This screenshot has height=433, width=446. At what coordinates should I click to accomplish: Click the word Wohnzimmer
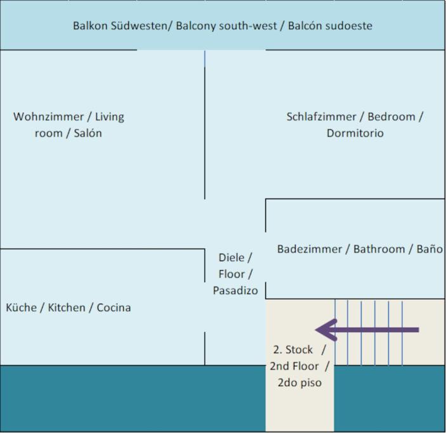click(x=48, y=117)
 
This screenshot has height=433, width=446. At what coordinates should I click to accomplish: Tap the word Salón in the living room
click(x=88, y=133)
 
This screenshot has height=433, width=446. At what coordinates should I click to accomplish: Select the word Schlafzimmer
click(x=321, y=117)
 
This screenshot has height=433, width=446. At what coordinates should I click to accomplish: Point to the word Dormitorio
click(x=355, y=133)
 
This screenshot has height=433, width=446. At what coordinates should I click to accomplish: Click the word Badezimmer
click(x=310, y=249)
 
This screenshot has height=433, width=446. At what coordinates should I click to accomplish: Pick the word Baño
click(x=430, y=249)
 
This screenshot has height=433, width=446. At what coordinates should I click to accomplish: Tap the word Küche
click(x=22, y=307)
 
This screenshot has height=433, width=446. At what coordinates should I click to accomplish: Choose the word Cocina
click(x=114, y=307)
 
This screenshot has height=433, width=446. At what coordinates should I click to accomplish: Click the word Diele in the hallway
click(x=232, y=257)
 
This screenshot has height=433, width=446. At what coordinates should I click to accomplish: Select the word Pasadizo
click(x=235, y=290)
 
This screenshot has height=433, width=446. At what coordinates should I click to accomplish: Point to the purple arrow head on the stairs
click(x=326, y=330)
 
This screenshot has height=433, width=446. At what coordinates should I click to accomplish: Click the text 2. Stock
click(x=293, y=350)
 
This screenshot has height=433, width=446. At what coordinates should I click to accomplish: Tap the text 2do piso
click(x=299, y=383)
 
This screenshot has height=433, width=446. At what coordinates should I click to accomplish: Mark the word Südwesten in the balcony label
click(x=139, y=26)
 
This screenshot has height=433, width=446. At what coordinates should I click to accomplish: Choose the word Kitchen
click(x=67, y=307)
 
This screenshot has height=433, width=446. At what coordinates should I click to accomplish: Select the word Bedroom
click(x=391, y=117)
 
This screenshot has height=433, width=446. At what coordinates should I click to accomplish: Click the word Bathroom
click(x=379, y=249)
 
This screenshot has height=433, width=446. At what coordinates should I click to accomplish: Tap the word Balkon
click(x=90, y=26)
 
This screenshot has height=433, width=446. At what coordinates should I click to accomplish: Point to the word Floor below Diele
click(x=232, y=274)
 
